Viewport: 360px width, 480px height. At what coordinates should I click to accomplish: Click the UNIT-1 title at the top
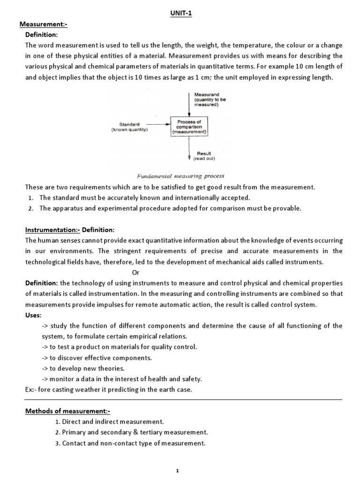pos(181,14)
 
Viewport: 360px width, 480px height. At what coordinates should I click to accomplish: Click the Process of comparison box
pos(189,127)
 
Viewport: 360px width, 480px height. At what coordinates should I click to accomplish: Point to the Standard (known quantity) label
pos(129,127)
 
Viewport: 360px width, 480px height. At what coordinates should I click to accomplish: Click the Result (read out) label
pos(204,156)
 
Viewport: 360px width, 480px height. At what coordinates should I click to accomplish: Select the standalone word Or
pos(136,272)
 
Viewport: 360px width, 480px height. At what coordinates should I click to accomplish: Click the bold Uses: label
pos(33,315)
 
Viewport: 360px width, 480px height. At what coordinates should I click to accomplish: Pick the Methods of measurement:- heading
pos(67,411)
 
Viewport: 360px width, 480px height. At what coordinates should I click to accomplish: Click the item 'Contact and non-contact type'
pos(134,443)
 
